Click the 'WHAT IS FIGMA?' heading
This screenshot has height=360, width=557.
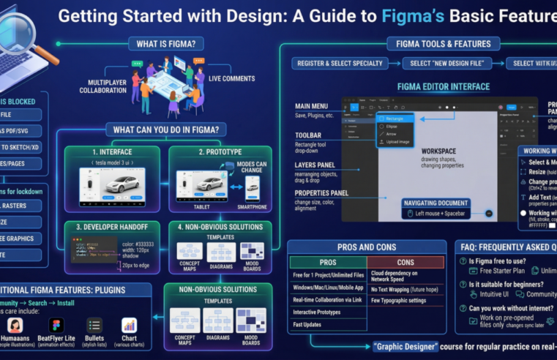(166, 43)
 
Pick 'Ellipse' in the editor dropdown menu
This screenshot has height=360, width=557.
(394, 126)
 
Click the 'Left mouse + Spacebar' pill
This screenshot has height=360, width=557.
(445, 214)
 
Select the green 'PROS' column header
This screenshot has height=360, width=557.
(327, 261)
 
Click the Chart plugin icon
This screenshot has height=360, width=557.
(130, 326)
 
